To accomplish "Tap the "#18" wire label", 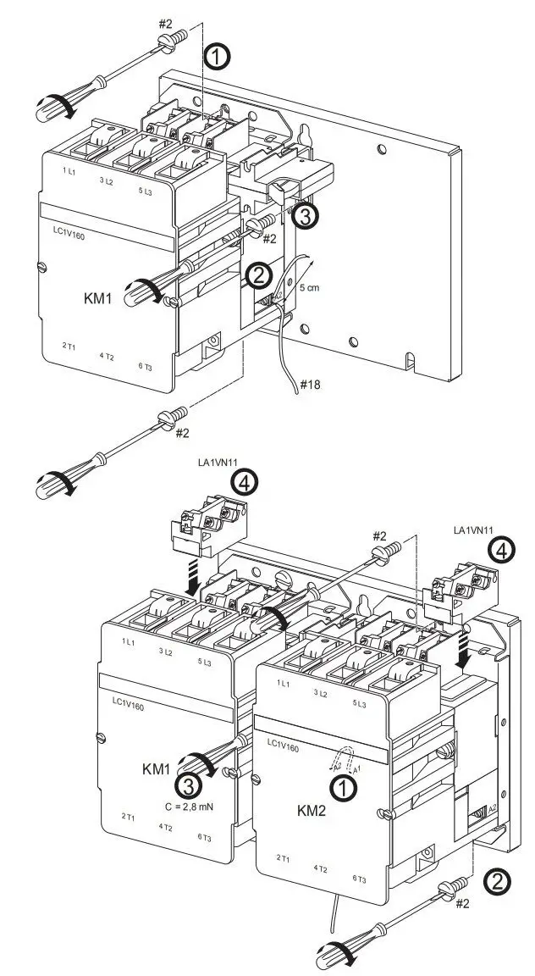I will (309, 385).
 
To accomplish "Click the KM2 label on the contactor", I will (312, 810).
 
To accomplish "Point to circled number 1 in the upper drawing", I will (217, 57).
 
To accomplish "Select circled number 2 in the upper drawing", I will (258, 274).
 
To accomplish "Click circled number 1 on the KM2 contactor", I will (343, 788).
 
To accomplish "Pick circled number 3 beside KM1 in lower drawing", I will (191, 783).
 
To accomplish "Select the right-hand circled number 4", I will (501, 551).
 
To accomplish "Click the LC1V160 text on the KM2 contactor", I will (284, 743).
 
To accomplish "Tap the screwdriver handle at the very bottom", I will (334, 954).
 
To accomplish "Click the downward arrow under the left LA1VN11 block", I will (194, 583).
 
